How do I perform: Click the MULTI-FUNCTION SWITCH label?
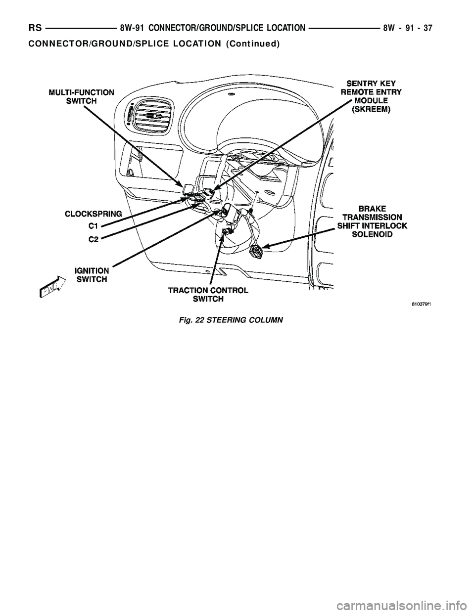click(x=82, y=96)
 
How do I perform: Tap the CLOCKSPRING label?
click(x=94, y=214)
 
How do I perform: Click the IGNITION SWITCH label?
click(x=92, y=275)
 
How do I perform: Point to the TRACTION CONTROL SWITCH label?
click(x=208, y=295)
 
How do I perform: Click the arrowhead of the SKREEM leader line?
click(x=211, y=192)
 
